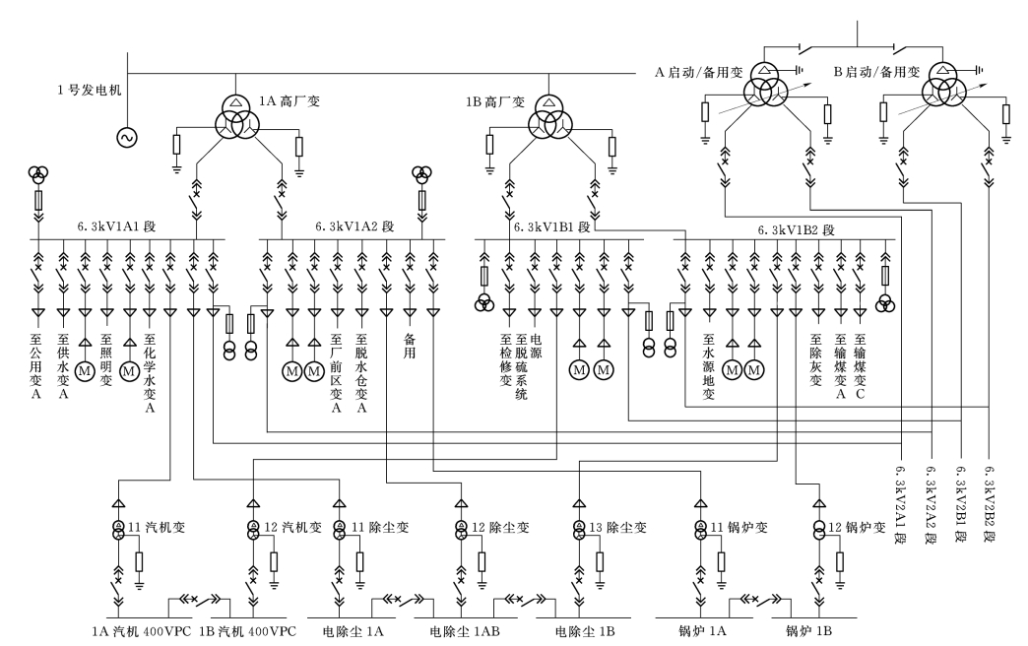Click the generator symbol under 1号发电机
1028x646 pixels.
pos(127,137)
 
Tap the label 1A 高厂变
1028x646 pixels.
pos(289,101)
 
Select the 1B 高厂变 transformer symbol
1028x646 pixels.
pos(551,116)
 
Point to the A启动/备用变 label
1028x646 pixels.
pos(699,72)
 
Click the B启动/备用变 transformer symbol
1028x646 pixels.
pos(943,85)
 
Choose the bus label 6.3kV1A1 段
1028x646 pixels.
pos(117,226)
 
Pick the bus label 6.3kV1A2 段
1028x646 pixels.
pos(354,226)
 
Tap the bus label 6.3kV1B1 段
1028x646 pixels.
pos(552,226)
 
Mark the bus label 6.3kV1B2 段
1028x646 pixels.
pos(797,230)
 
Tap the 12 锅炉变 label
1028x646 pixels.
pos(857,527)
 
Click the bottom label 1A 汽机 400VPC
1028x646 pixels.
pos(142,631)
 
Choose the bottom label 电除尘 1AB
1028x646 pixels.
pos(465,631)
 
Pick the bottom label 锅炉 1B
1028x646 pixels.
pos(809,631)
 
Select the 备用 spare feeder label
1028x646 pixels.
pos(410,346)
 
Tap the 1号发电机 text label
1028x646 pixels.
pos(90,90)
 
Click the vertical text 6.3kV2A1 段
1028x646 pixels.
pos(901,505)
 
